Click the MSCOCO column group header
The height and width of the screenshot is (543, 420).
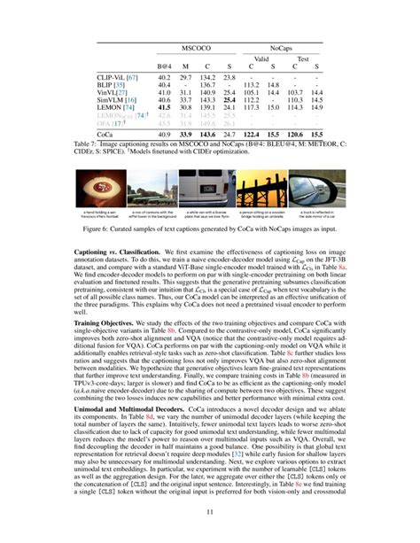click(x=193, y=43)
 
